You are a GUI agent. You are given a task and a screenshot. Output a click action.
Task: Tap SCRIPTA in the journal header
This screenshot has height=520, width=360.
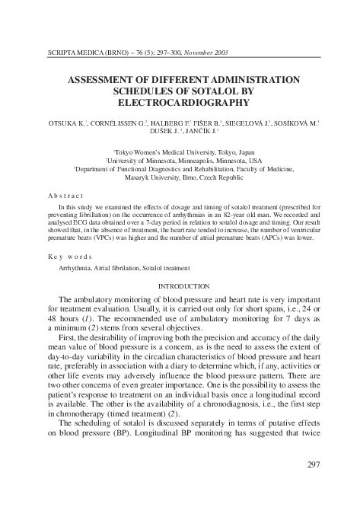60,53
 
